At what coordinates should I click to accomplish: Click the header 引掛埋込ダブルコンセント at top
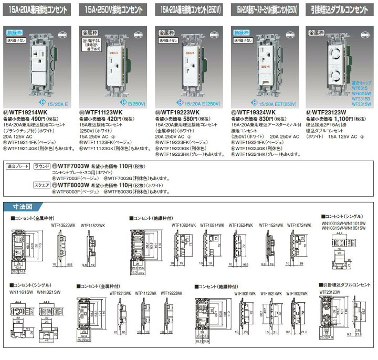pyautogui.click(x=340, y=8)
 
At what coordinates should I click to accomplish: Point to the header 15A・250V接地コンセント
pyautogui.click(x=113, y=8)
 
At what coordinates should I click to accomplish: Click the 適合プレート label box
pyautogui.click(x=17, y=166)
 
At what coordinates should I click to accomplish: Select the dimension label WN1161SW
pyautogui.click(x=22, y=292)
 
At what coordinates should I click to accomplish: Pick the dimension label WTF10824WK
pyautogui.click(x=183, y=224)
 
